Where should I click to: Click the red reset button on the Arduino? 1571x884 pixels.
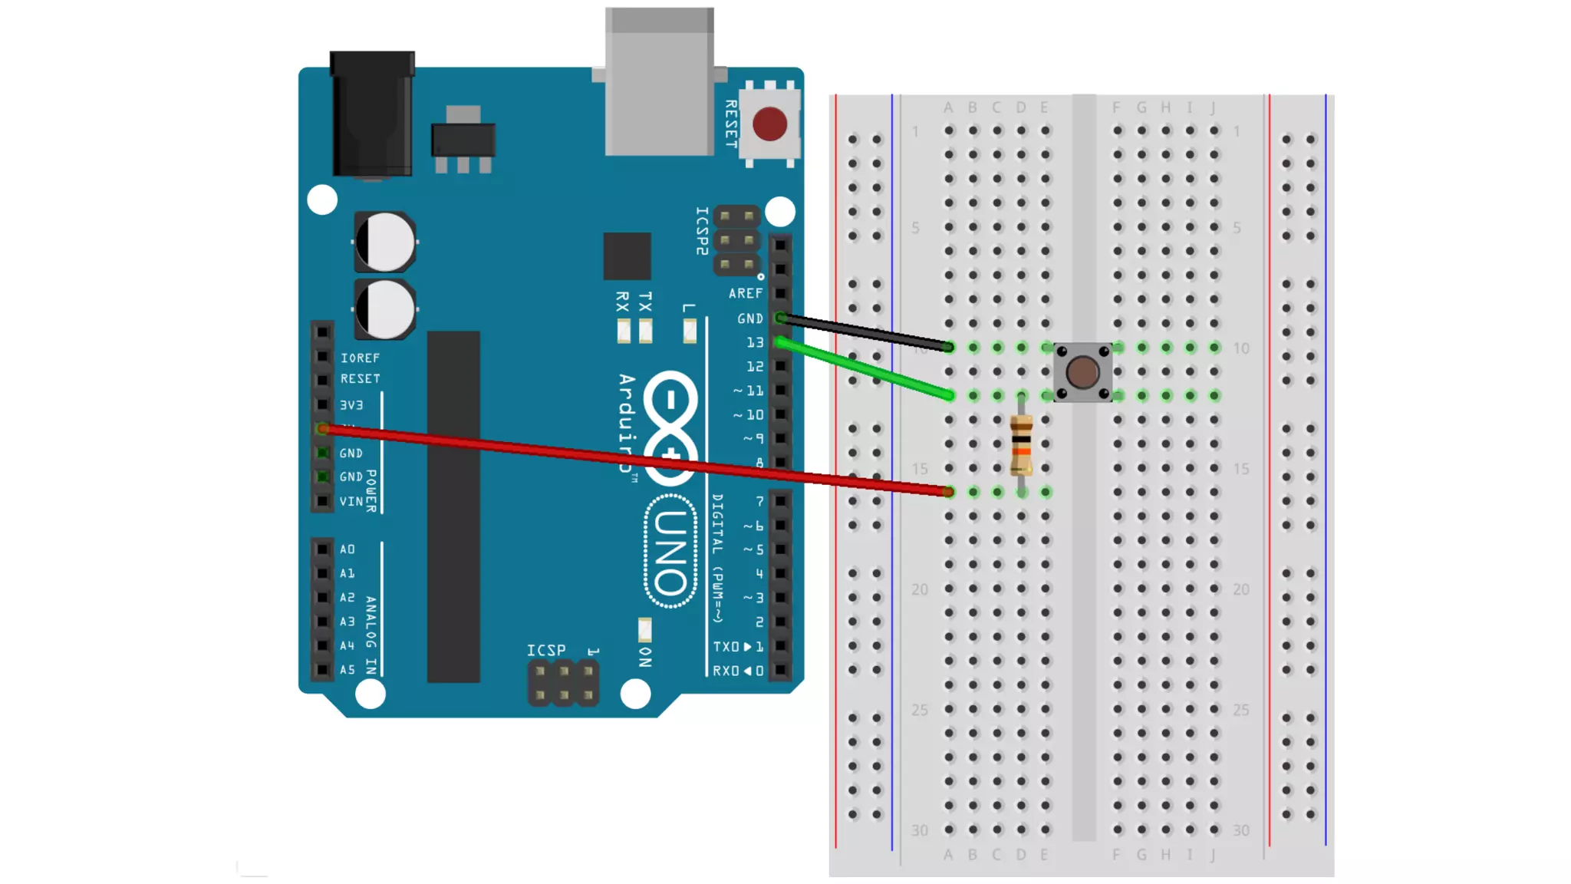(769, 124)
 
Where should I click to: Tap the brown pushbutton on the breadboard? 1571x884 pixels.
(1082, 372)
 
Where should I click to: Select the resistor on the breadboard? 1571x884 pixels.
(1021, 444)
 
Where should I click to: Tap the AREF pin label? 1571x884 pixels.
(745, 293)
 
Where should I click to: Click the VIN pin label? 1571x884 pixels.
(351, 501)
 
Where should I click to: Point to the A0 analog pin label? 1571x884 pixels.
(347, 549)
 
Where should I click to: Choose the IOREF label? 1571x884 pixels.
(360, 358)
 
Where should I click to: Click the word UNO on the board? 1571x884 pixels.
(670, 552)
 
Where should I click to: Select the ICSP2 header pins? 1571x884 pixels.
(736, 240)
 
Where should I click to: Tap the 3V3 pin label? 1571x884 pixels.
(351, 404)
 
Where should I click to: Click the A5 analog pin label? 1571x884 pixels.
(347, 670)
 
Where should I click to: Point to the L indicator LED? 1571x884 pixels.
(690, 331)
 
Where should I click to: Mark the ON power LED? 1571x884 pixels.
(644, 630)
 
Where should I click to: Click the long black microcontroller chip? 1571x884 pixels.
(453, 506)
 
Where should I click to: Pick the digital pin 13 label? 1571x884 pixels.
(755, 342)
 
